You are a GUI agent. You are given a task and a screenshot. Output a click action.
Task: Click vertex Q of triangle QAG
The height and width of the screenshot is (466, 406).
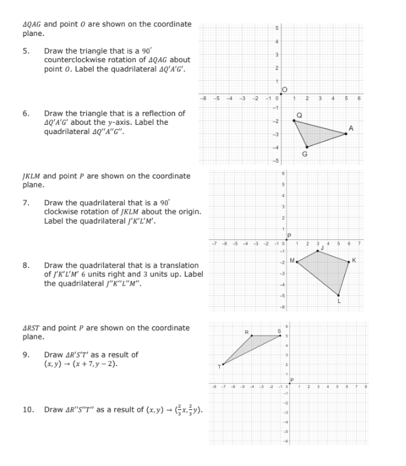[x=294, y=121]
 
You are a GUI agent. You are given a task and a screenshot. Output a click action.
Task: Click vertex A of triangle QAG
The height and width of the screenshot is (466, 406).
[x=346, y=133]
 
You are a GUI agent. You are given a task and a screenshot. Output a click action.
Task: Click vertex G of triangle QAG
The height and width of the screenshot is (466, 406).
[x=307, y=147]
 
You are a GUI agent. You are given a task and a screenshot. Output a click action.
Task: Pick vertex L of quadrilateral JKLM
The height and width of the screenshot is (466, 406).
[x=338, y=295]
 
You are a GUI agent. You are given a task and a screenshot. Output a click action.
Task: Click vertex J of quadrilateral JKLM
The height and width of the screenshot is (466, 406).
[x=318, y=250]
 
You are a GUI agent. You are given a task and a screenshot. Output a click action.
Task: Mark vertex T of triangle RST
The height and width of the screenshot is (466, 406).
[x=223, y=364]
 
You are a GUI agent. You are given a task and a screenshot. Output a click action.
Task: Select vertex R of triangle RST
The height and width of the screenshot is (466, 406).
[x=251, y=336]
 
